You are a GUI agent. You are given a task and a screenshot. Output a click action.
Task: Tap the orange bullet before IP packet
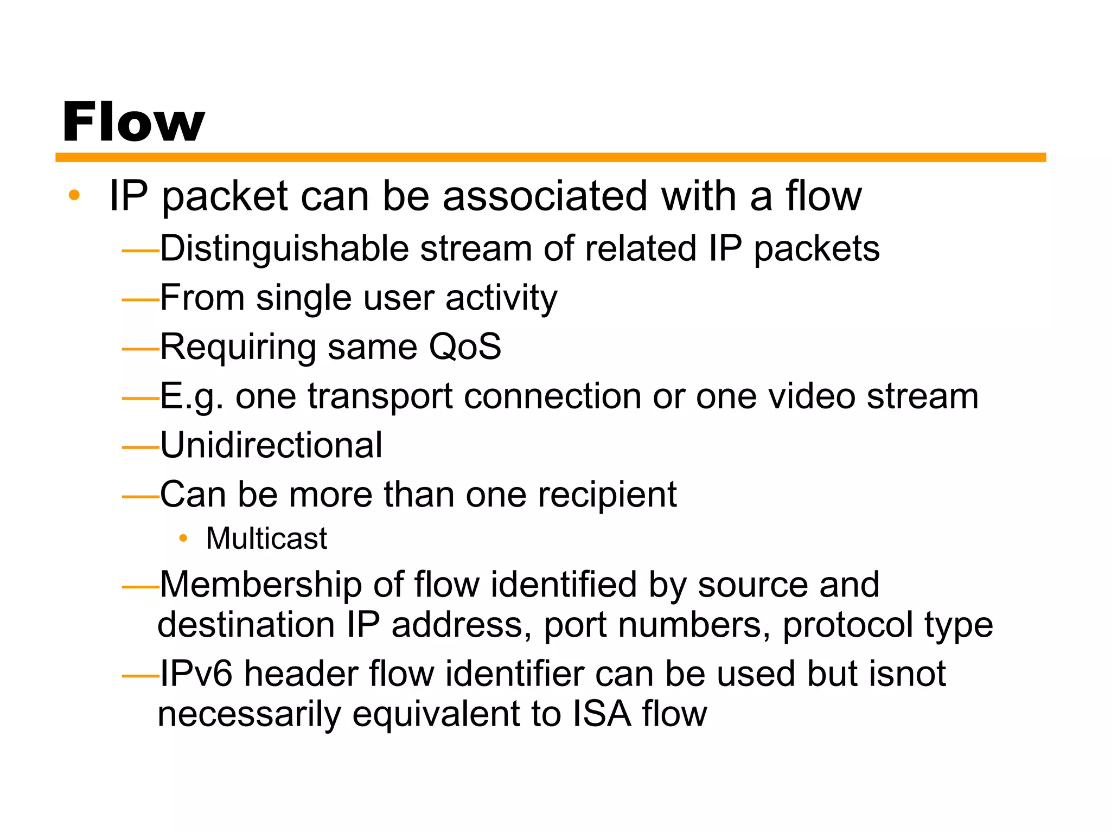click(x=74, y=195)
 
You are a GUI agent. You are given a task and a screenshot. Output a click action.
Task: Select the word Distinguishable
click(x=284, y=249)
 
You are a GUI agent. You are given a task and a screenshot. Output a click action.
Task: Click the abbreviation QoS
click(x=465, y=347)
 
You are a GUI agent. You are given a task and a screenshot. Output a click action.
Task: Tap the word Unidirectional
click(x=271, y=445)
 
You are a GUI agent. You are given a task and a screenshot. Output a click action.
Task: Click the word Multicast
click(x=266, y=539)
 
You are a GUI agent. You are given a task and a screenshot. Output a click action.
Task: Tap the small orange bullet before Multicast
click(x=183, y=539)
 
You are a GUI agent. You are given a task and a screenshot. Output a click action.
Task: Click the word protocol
click(x=847, y=625)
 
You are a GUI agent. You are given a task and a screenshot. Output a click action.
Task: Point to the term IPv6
click(x=196, y=674)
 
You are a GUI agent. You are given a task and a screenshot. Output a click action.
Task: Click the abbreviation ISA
click(x=602, y=714)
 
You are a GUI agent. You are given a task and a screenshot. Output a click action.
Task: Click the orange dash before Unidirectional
click(x=140, y=447)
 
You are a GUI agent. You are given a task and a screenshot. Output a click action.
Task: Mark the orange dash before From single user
click(x=140, y=300)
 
